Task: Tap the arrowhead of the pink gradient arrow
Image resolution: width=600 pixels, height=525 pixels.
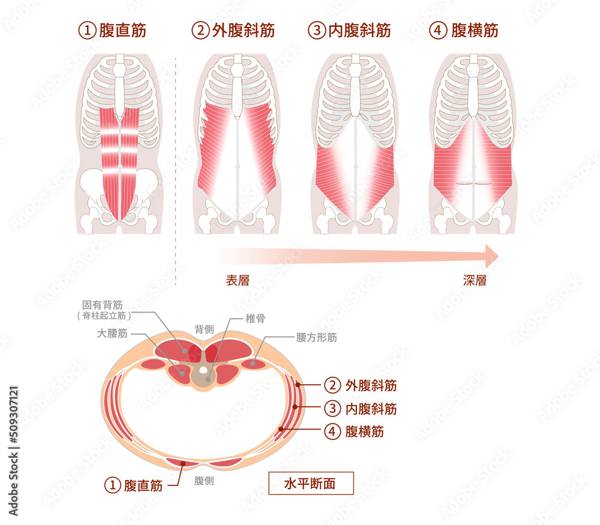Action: coord(492,256)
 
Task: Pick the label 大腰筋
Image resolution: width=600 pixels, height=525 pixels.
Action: coord(111,334)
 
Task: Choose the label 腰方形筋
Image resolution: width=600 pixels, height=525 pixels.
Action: coord(316,337)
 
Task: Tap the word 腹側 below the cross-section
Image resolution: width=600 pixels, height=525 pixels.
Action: coord(205,481)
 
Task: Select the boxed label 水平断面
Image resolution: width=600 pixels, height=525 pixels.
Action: coord(310,483)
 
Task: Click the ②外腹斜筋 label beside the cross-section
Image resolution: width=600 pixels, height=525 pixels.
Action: coord(360,385)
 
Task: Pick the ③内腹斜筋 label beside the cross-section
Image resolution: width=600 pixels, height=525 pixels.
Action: coord(360,409)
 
